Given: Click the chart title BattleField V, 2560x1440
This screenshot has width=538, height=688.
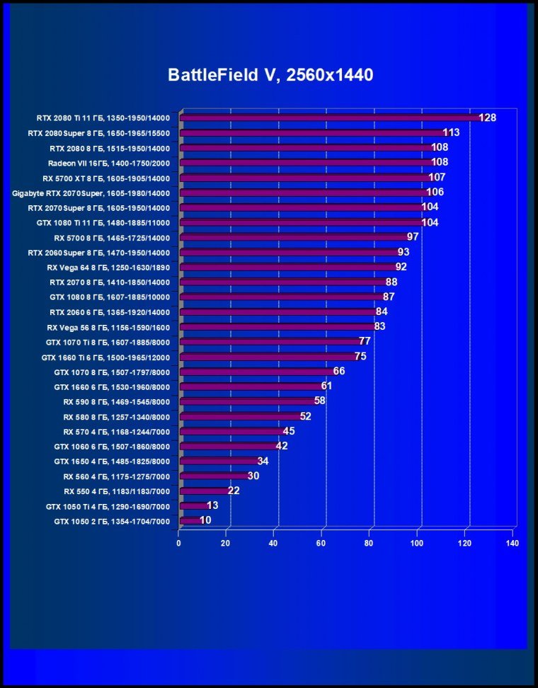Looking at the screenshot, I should pyautogui.click(x=270, y=75).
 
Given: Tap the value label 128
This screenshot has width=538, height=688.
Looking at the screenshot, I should pyautogui.click(x=487, y=117).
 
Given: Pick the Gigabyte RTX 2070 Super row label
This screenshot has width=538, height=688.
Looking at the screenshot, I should pyautogui.click(x=91, y=193).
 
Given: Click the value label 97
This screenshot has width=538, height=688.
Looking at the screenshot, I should pyautogui.click(x=413, y=237).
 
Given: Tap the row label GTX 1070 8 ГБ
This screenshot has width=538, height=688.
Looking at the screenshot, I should pyautogui.click(x=112, y=372).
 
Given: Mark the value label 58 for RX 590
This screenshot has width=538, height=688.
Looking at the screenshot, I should pyautogui.click(x=320, y=401).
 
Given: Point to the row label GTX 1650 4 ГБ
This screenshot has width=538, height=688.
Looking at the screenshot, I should pyautogui.click(x=112, y=461).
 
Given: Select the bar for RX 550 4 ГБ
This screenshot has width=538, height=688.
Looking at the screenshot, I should pyautogui.click(x=205, y=491).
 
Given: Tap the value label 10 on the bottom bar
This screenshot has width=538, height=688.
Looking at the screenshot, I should pyautogui.click(x=205, y=520).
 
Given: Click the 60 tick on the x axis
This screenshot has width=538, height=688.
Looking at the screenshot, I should pyautogui.click(x=321, y=543).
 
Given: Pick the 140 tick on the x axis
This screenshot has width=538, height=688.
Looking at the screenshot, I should pyautogui.click(x=512, y=543).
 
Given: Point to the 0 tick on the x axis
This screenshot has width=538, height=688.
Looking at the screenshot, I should pyautogui.click(x=178, y=543).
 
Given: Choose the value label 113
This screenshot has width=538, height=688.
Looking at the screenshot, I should pyautogui.click(x=451, y=132).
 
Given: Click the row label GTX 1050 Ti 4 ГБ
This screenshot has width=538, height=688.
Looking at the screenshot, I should pyautogui.click(x=112, y=506).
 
